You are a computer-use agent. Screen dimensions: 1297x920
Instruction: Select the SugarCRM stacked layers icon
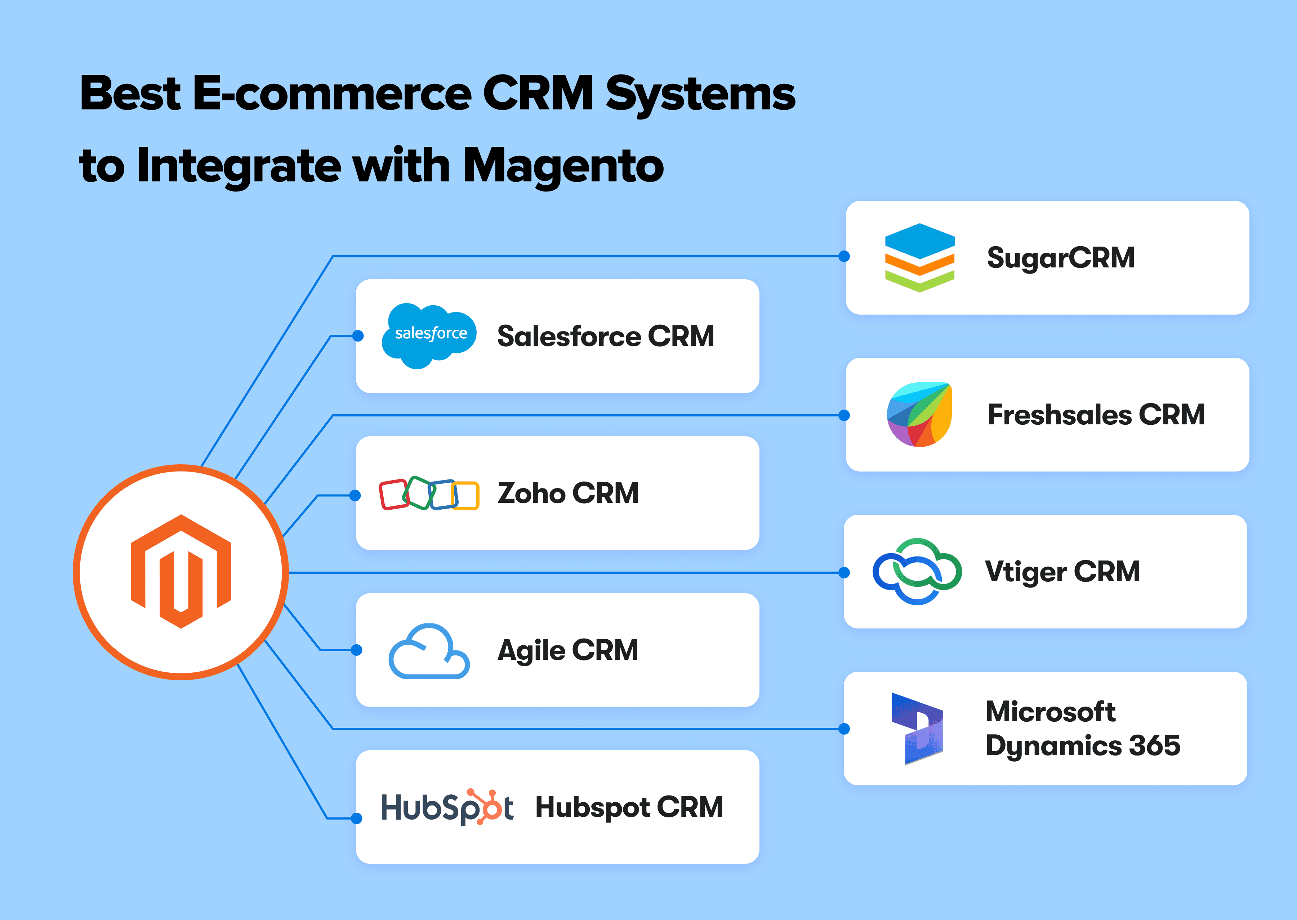[919, 258]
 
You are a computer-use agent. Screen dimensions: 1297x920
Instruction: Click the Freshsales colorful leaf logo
[919, 415]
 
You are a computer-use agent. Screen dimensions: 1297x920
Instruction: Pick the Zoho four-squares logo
[429, 493]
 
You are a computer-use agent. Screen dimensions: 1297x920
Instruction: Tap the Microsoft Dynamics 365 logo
[917, 729]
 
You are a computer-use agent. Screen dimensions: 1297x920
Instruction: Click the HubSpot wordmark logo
[447, 807]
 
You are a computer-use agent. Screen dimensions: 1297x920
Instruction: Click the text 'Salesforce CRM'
[605, 336]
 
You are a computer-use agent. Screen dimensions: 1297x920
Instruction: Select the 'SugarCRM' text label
[1061, 258]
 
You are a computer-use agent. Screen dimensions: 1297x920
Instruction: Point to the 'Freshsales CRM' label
[1096, 415]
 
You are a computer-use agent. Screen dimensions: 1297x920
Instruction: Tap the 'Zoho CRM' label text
[568, 493]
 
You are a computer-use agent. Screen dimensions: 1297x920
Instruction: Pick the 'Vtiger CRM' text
[1062, 572]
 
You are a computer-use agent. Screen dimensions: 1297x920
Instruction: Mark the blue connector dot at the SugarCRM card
[844, 256]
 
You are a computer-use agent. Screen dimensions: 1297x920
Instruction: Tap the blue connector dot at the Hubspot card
[357, 818]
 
